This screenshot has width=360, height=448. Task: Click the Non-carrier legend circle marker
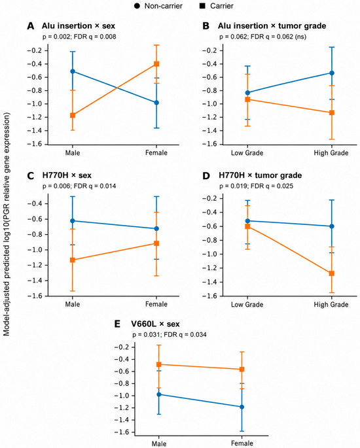137,6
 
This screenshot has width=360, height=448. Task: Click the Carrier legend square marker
202,6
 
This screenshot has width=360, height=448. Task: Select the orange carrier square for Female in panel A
156,64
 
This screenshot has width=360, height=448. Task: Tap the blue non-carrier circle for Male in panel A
73,71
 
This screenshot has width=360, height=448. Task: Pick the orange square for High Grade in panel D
332,273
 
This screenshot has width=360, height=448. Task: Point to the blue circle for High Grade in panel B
332,73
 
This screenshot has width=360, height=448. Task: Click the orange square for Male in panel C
73,260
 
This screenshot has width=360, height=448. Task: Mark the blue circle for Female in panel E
242,407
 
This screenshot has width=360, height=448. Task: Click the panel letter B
206,26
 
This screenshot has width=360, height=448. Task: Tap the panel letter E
117,324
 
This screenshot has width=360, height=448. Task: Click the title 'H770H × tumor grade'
261,175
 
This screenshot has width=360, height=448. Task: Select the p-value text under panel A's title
79,37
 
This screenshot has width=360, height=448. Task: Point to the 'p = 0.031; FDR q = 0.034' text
170,335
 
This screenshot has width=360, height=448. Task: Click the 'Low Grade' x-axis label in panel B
247,153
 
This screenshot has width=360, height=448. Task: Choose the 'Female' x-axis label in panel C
156,304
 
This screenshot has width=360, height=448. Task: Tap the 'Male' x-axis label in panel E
159,443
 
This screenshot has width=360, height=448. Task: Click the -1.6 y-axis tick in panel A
34,144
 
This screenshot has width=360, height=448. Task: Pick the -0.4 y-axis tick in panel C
34,203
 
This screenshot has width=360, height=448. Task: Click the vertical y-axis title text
7,224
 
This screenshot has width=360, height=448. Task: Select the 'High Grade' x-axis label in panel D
331,305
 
